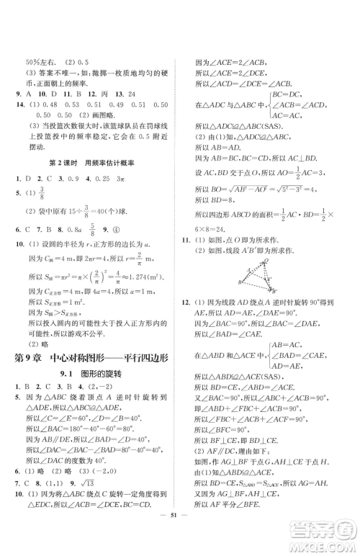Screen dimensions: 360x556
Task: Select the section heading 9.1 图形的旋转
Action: [x=96, y=377]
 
